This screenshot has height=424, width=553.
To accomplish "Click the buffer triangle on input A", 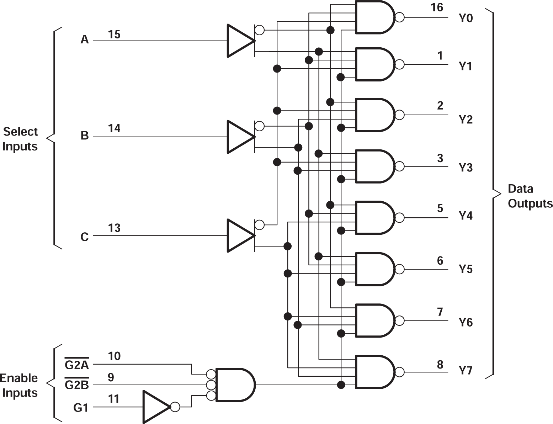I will (x=240, y=41).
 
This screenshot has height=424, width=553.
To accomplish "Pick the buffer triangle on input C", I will (x=240, y=235).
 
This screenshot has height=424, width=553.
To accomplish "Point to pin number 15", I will (x=114, y=35).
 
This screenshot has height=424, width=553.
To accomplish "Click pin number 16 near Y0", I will (x=437, y=7).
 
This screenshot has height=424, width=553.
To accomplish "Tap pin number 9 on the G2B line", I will (x=111, y=377).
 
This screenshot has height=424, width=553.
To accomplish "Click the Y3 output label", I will (x=466, y=167).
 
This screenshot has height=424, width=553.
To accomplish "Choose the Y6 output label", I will (x=466, y=322).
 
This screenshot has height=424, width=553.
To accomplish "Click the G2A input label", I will (x=77, y=365).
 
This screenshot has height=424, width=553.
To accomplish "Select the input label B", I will (x=85, y=136).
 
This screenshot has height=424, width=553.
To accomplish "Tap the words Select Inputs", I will (x=20, y=139).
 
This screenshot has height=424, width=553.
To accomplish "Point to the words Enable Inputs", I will (x=20, y=385).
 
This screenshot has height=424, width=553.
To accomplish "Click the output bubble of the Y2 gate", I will (x=400, y=115).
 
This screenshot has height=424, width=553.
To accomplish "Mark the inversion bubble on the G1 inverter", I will (x=175, y=407).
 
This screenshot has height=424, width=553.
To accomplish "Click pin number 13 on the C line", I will (x=114, y=228).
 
